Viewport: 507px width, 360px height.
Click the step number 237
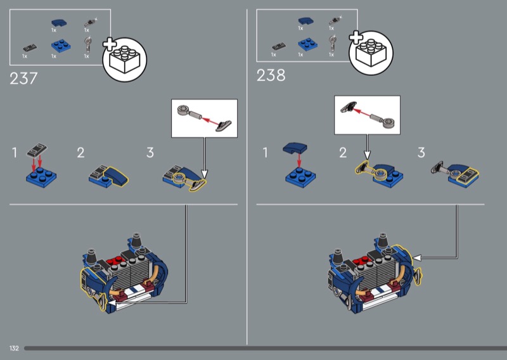pyautogui.click(x=23, y=79)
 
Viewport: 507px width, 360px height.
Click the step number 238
pyautogui.click(x=271, y=75)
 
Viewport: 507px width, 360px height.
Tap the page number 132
pyautogui.click(x=14, y=348)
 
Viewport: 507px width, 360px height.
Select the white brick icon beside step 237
pyautogui.click(x=124, y=60)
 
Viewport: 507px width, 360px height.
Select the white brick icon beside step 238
pyautogui.click(x=371, y=53)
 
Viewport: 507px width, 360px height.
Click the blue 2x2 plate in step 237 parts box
pyautogui.click(x=61, y=46)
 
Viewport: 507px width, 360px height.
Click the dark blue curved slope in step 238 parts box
pyautogui.click(x=305, y=22)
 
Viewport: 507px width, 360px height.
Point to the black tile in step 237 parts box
pyautogui.click(x=30, y=48)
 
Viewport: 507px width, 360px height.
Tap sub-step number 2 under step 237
pyautogui.click(x=80, y=153)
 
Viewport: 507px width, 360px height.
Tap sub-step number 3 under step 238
pyautogui.click(x=421, y=152)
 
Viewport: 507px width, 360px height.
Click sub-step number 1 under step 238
pyautogui.click(x=266, y=152)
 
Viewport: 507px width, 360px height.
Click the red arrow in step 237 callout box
pyautogui.click(x=210, y=121)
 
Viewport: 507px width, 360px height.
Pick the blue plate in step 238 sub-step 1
pyautogui.click(x=300, y=177)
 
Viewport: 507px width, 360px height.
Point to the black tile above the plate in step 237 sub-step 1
pyautogui.click(x=37, y=150)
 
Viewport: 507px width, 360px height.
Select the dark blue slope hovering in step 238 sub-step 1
pyautogui.click(x=295, y=148)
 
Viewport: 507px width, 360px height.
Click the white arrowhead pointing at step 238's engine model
pyautogui.click(x=417, y=258)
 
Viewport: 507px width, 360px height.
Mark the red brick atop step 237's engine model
pyautogui.click(x=116, y=260)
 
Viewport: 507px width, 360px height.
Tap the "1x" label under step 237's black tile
pyautogui.click(x=25, y=56)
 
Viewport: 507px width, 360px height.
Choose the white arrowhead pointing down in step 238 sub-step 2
pyautogui.click(x=367, y=155)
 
